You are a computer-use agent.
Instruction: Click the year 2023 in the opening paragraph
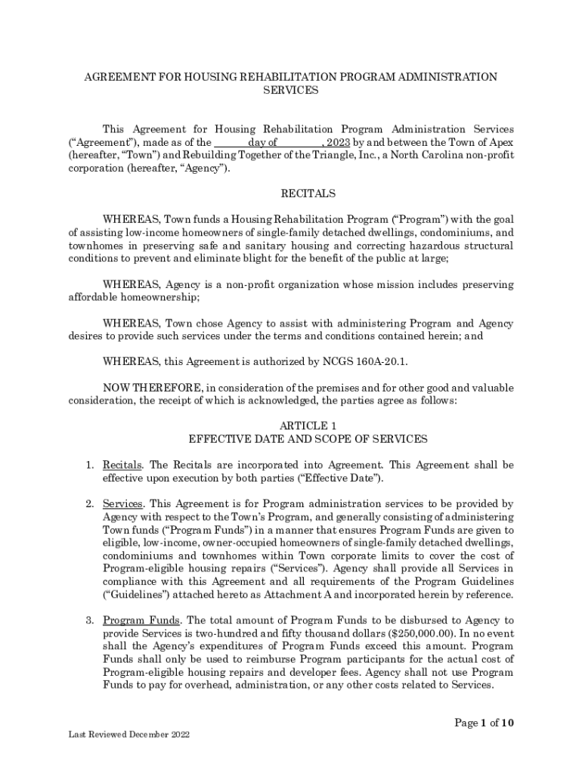tap(338, 142)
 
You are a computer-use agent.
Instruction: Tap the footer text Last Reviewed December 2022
tap(127, 734)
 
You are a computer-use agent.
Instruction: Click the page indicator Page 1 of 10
tap(484, 723)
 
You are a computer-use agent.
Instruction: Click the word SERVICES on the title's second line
tap(290, 90)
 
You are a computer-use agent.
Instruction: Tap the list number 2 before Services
tap(88, 503)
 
